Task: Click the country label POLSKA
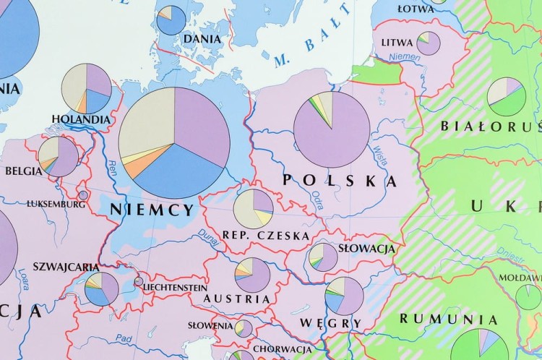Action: (340, 181)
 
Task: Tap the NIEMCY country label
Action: (152, 210)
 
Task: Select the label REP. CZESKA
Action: (266, 236)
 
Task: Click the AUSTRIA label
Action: (237, 299)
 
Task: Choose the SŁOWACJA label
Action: (366, 249)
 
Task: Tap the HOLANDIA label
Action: (81, 119)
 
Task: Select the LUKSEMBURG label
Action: (56, 204)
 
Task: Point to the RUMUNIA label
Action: (449, 319)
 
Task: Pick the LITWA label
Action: (397, 43)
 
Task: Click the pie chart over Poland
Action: (332, 129)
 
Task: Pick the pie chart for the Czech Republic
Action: (254, 209)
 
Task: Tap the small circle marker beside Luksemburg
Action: (83, 195)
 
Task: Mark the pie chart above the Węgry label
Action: (345, 296)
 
